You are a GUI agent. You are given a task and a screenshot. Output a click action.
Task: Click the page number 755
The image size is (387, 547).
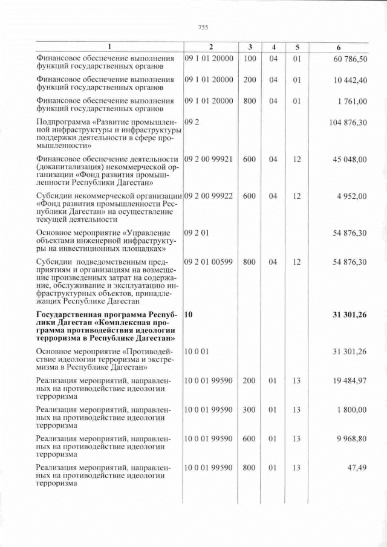pos(203,27)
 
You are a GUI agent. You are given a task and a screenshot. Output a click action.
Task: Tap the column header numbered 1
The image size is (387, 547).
pos(109,47)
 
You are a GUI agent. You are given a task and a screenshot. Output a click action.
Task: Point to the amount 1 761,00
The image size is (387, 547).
pos(353,102)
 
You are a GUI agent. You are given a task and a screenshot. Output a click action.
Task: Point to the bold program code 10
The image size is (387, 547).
pos(188,314)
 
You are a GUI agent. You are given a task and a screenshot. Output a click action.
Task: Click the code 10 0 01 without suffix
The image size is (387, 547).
pos(197,351)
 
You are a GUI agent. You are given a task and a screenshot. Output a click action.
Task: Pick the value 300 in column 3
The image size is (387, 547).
pos(249,410)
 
